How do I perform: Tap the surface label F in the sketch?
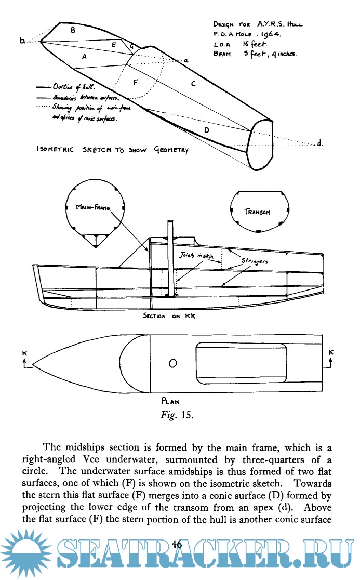136,83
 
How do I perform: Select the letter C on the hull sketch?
193,83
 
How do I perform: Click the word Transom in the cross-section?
257,212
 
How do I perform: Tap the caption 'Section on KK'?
168,315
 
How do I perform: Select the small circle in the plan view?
173,362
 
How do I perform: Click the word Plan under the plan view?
171,401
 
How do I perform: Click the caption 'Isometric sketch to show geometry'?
112,150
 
